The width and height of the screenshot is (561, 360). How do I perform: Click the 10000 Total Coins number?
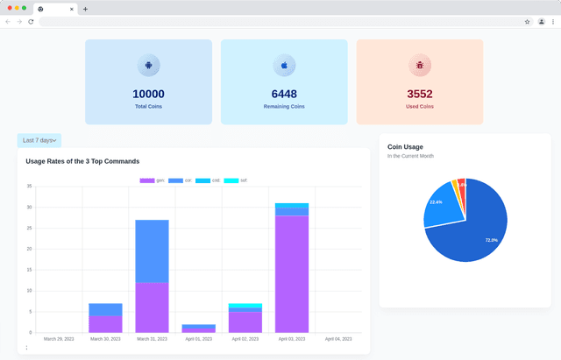pyautogui.click(x=148, y=94)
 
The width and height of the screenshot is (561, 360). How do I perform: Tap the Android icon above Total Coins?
pyautogui.click(x=148, y=66)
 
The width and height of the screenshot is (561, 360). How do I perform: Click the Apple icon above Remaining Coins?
pyautogui.click(x=284, y=66)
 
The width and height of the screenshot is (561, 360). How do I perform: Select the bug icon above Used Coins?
pyautogui.click(x=420, y=66)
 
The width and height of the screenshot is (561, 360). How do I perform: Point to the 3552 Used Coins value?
pyautogui.click(x=420, y=94)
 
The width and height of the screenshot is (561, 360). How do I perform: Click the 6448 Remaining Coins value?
pyautogui.click(x=284, y=94)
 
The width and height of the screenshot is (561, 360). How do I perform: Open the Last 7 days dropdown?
pyautogui.click(x=39, y=140)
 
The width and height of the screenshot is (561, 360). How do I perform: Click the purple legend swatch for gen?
pyautogui.click(x=147, y=180)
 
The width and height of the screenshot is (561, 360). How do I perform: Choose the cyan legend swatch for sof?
pyautogui.click(x=231, y=180)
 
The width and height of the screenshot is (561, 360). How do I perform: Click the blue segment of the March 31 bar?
pyautogui.click(x=152, y=251)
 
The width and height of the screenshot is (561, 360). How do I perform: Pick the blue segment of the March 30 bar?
pyautogui.click(x=105, y=309)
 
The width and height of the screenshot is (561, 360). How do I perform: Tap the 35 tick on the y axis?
pyautogui.click(x=29, y=187)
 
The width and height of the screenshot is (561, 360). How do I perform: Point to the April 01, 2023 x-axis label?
pyautogui.click(x=199, y=338)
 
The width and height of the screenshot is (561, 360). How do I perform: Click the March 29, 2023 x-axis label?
pyautogui.click(x=60, y=338)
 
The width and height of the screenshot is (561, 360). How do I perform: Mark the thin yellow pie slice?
pyautogui.click(x=454, y=184)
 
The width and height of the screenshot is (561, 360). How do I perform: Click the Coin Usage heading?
pyautogui.click(x=405, y=147)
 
